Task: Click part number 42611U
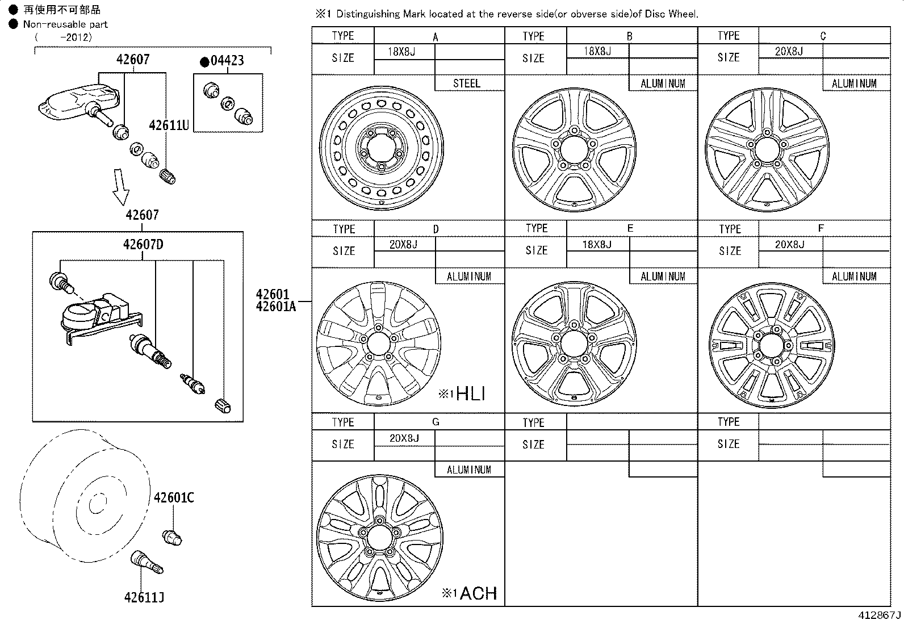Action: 169,125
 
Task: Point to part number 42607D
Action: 143,245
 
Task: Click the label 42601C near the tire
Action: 174,498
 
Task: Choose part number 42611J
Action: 144,597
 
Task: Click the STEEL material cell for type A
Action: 467,83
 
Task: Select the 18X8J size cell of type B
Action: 597,51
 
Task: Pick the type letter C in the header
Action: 823,36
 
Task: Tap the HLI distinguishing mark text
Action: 470,393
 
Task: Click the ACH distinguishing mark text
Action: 478,593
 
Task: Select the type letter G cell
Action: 436,422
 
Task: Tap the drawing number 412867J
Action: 879,615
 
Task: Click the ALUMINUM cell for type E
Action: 663,277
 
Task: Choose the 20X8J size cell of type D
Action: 403,244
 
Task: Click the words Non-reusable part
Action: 65,24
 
